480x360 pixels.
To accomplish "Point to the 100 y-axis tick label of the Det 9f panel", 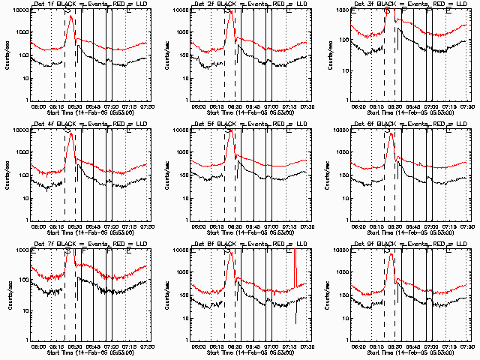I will click(x=340, y=295).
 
